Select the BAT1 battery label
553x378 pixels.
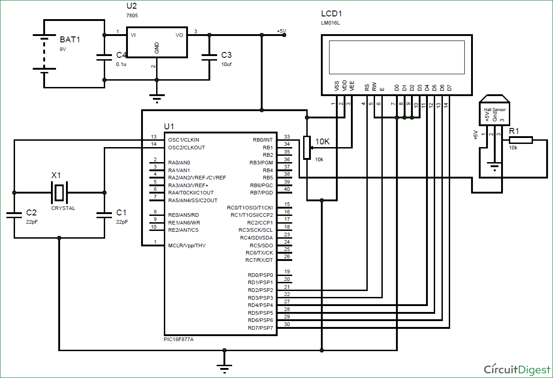point(70,40)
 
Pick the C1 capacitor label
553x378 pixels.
point(122,213)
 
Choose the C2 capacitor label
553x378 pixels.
point(31,213)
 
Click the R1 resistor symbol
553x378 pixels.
point(521,140)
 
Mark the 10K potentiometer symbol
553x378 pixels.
point(307,148)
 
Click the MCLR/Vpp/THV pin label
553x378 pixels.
point(187,245)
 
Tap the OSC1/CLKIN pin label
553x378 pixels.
point(183,140)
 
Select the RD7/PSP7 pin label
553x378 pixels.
point(260,328)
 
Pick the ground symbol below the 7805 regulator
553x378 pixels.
point(157,97)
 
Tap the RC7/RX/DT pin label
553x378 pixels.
point(259,260)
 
